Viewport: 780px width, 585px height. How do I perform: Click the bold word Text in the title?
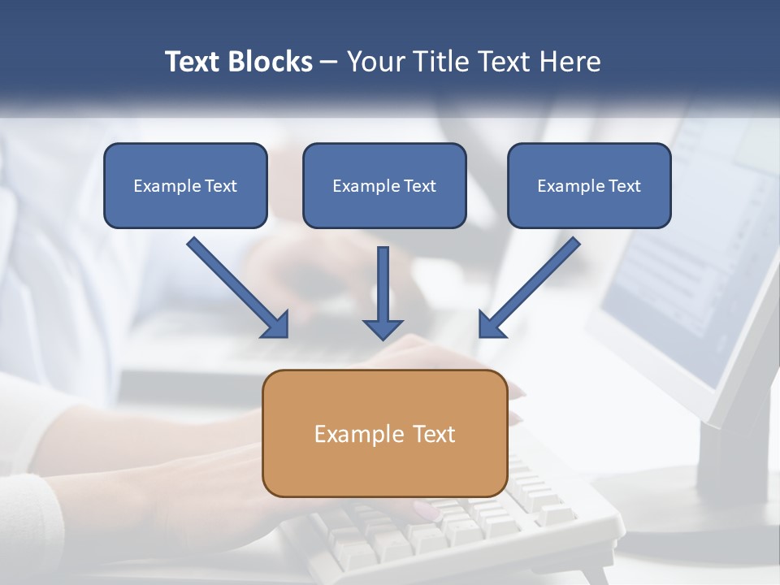[x=193, y=62]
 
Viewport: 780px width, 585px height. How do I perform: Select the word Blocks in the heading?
[x=269, y=62]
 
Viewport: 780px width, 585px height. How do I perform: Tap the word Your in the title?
[x=374, y=62]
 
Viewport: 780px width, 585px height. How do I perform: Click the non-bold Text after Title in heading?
[x=504, y=62]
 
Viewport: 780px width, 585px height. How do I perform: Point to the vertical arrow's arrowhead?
[x=383, y=328]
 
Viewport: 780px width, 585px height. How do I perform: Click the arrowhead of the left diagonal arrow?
[x=277, y=325]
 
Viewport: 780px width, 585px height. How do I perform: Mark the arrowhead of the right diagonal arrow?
[x=490, y=324]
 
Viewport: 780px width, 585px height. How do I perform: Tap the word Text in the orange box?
[x=435, y=434]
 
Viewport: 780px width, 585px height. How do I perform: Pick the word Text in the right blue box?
[x=625, y=186]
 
